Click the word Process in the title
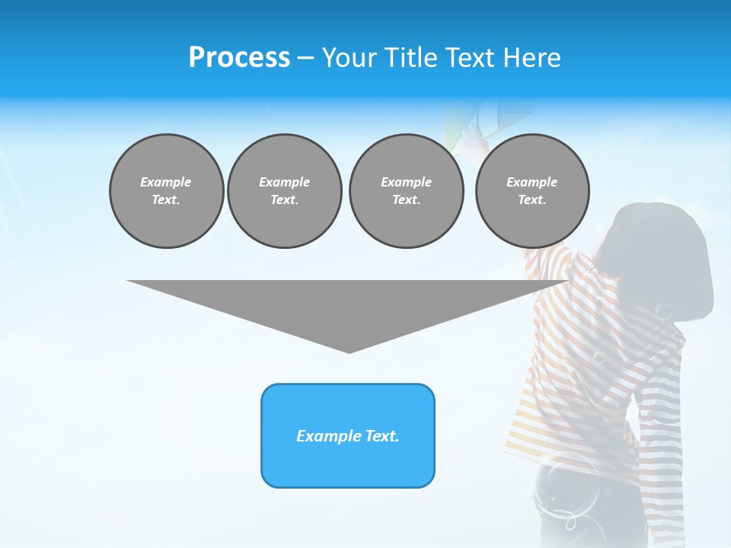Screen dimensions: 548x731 tap(239, 58)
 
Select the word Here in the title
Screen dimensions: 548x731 tap(532, 58)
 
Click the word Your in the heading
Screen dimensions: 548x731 tap(348, 58)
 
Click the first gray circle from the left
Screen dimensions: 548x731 tap(166, 191)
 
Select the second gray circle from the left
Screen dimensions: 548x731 tap(284, 191)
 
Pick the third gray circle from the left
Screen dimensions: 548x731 tap(406, 191)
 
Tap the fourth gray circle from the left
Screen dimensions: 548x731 tap(532, 191)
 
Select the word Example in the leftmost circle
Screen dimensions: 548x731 tap(166, 182)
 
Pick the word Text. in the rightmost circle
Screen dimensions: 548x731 tap(532, 200)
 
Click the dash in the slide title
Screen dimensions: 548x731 tap(305, 58)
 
